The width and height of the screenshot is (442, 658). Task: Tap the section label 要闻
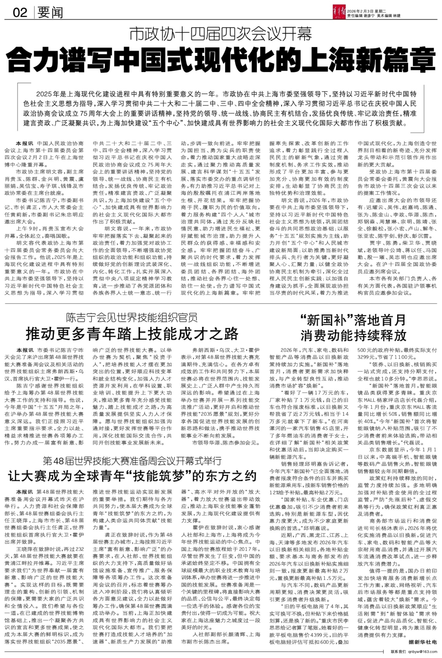50,13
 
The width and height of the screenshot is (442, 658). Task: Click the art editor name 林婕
396,15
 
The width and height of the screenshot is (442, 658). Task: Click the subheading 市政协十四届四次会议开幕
221,34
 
